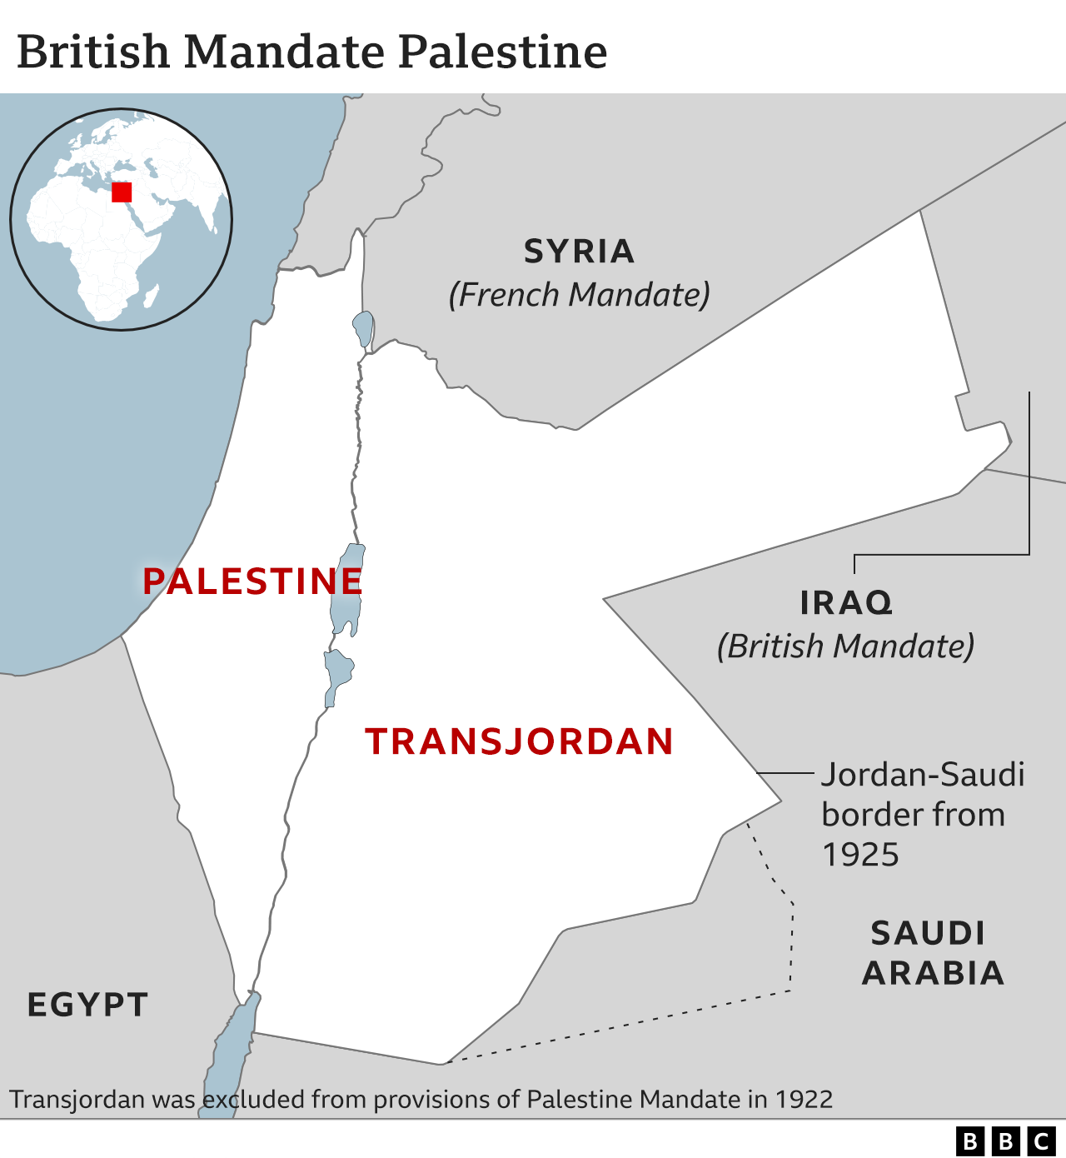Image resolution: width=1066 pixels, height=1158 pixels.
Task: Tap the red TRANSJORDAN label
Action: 519,741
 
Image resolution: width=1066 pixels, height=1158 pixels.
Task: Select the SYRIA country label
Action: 579,251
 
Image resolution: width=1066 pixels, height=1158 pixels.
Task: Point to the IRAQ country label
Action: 846,602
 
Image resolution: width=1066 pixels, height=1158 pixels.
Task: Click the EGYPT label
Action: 87,1005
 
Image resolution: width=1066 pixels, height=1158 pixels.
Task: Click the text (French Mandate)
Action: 579,295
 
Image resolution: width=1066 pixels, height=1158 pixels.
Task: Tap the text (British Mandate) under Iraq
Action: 845,646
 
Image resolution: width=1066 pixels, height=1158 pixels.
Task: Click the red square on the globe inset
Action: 122,192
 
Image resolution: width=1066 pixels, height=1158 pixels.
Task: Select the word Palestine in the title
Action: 502,52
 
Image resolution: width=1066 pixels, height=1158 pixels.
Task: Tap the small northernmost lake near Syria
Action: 363,327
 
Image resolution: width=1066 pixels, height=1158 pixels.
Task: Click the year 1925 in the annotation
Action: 860,855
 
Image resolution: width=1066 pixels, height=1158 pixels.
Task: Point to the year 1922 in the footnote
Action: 804,1100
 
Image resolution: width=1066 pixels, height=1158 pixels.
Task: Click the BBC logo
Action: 1005,1141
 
